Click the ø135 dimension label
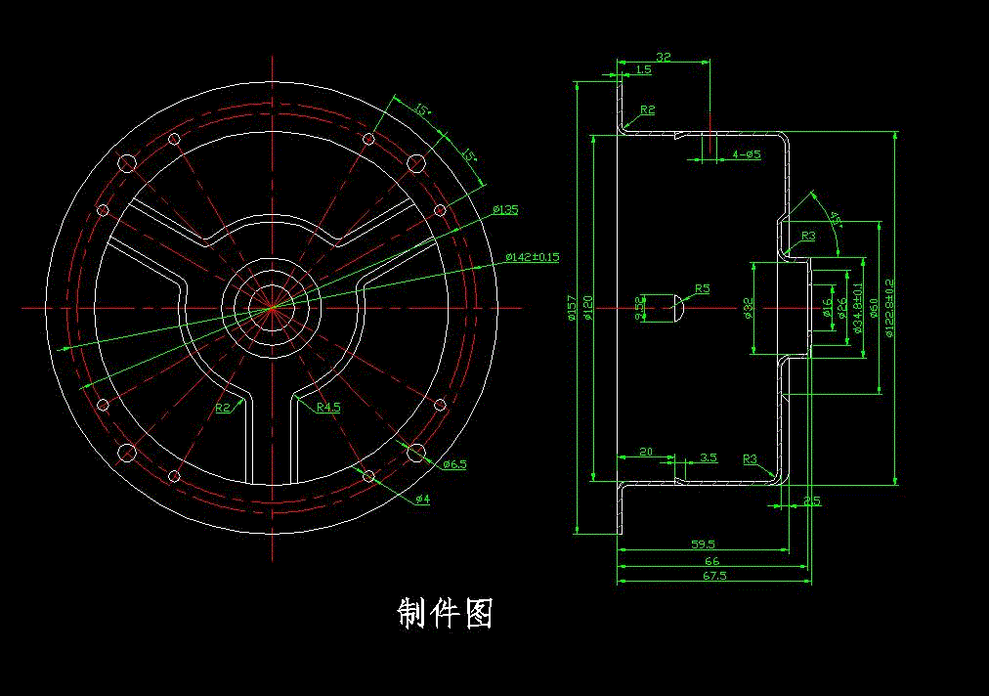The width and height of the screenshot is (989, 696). (x=505, y=209)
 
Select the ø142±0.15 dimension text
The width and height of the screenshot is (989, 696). (x=532, y=257)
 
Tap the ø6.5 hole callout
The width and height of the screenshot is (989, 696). (x=454, y=464)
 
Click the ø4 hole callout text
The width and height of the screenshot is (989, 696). (x=422, y=500)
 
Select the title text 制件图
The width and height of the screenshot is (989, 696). (x=445, y=613)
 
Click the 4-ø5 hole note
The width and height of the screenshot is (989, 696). (x=746, y=154)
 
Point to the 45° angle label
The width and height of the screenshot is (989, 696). (x=834, y=217)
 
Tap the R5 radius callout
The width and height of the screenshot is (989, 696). (x=702, y=289)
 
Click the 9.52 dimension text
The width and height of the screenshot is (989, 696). (x=640, y=308)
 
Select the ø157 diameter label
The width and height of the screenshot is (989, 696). (x=574, y=308)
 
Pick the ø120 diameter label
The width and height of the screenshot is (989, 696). (x=588, y=308)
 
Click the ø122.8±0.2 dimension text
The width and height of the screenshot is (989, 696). (x=888, y=308)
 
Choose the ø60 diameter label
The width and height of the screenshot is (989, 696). (x=873, y=308)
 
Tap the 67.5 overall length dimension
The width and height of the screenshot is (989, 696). (x=714, y=577)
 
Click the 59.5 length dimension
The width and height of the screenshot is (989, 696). (x=703, y=544)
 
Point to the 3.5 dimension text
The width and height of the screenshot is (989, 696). (x=709, y=457)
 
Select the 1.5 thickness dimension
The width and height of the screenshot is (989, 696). (x=643, y=69)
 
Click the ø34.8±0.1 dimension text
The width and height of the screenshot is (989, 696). (x=857, y=308)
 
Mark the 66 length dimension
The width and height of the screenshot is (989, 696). (x=711, y=561)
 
